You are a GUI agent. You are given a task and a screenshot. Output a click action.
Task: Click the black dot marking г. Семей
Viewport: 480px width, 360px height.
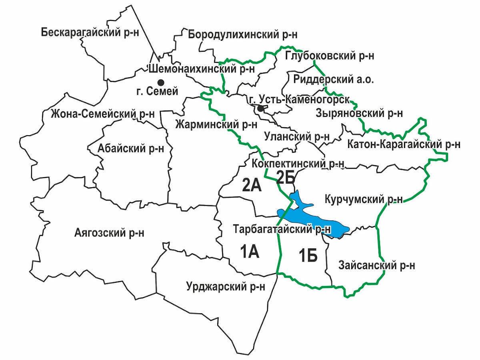tap(161, 82)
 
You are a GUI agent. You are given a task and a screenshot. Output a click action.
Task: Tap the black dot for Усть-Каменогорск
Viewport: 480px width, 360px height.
tap(260, 108)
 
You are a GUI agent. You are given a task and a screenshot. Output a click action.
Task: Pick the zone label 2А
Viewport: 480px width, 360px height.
tap(252, 185)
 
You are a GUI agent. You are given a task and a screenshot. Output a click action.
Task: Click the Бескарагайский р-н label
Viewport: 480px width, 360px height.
tap(90, 32)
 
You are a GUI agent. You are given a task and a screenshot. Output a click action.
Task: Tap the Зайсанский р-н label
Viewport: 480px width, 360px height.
tap(376, 265)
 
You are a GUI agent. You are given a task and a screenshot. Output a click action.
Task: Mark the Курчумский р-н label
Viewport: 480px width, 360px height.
tap(364, 199)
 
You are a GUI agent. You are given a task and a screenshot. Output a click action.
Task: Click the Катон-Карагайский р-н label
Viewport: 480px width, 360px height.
tap(404, 144)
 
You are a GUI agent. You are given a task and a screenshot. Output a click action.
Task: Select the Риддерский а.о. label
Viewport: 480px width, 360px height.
tap(334, 79)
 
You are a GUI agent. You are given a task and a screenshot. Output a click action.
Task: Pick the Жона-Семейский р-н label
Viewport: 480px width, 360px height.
tap(103, 114)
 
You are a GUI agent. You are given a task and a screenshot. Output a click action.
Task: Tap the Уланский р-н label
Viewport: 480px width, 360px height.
tap(297, 136)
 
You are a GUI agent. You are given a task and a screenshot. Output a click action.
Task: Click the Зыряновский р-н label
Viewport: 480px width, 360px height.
tap(359, 113)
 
